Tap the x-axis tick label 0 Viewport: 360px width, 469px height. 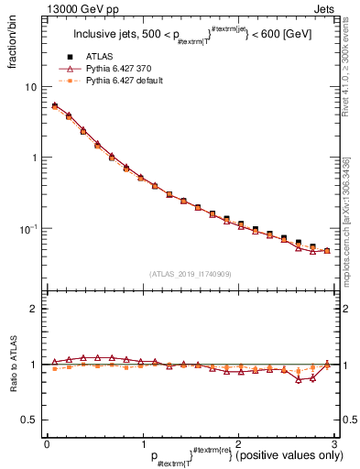(x=47, y=443)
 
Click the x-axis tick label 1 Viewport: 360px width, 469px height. (x=142, y=443)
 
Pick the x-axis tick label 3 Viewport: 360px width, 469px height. (x=333, y=443)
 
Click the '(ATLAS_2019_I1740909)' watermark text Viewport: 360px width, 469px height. (x=190, y=274)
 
